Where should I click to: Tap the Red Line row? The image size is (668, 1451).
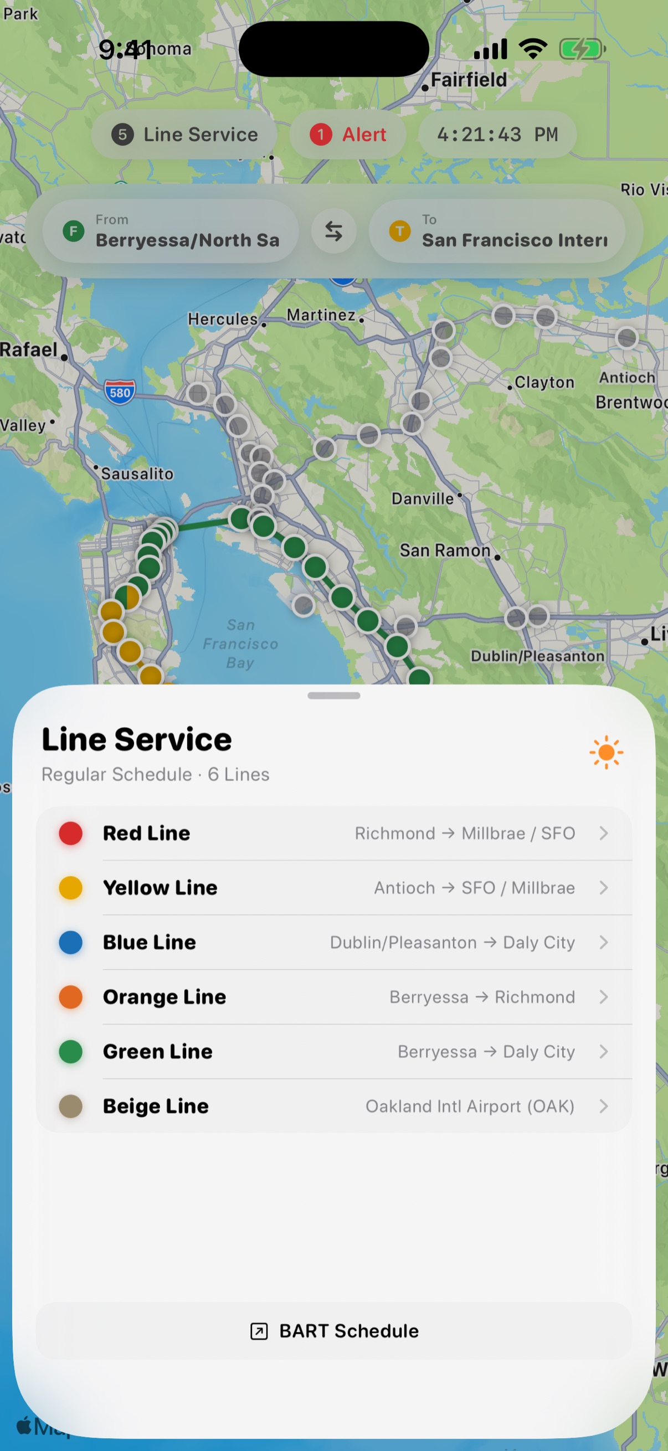point(333,833)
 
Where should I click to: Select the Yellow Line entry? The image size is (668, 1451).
point(333,888)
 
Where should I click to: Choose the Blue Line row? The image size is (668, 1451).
point(333,943)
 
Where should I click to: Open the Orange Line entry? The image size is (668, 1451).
point(333,997)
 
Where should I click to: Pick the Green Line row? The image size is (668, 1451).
point(333,1052)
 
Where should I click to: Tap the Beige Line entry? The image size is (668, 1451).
point(333,1107)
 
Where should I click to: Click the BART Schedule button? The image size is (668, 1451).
point(334,1331)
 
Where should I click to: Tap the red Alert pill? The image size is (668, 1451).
point(348,135)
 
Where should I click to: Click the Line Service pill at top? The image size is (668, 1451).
point(184,135)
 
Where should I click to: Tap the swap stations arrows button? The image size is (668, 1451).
point(334,231)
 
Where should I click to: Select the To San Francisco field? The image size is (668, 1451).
point(497,231)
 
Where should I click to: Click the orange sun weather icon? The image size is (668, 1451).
point(606,752)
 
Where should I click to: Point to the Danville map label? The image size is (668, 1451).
point(423,498)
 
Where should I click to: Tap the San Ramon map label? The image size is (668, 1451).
point(445,550)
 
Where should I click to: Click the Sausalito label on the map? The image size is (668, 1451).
point(137,474)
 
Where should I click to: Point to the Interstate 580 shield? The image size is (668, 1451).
point(120,392)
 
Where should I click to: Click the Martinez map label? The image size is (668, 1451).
point(321,315)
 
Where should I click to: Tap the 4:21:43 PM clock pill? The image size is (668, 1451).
point(497,135)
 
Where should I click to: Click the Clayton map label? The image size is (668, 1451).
point(544,383)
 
